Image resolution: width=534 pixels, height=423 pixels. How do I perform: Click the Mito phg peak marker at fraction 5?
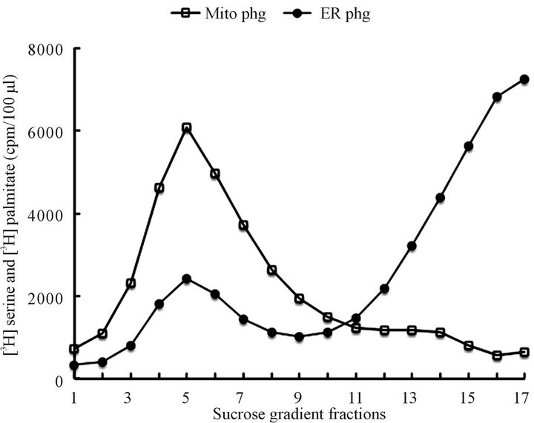tap(186, 127)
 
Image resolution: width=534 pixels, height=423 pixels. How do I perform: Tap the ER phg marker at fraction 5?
tap(186, 279)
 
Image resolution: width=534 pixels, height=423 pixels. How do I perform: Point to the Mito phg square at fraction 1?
tap(74, 349)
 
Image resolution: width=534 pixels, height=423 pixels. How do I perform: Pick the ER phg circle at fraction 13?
tap(412, 245)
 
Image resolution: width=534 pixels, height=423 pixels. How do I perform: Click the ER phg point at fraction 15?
tap(468, 146)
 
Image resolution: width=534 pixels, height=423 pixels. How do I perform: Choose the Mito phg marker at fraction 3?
tap(131, 284)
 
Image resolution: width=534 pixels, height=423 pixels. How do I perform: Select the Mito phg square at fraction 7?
tap(243, 225)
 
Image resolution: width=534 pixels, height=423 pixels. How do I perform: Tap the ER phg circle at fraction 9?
tap(299, 336)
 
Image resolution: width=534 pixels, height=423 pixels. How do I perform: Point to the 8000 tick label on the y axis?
tap(47, 49)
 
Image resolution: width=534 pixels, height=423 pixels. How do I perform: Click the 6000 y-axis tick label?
tap(47, 131)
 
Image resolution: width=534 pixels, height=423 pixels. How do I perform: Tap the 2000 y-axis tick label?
tap(47, 297)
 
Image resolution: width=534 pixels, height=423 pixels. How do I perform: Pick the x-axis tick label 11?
tap(355, 395)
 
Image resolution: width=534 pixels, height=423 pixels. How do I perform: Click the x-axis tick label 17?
tap(524, 395)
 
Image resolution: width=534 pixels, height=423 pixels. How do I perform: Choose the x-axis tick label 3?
tap(131, 395)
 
